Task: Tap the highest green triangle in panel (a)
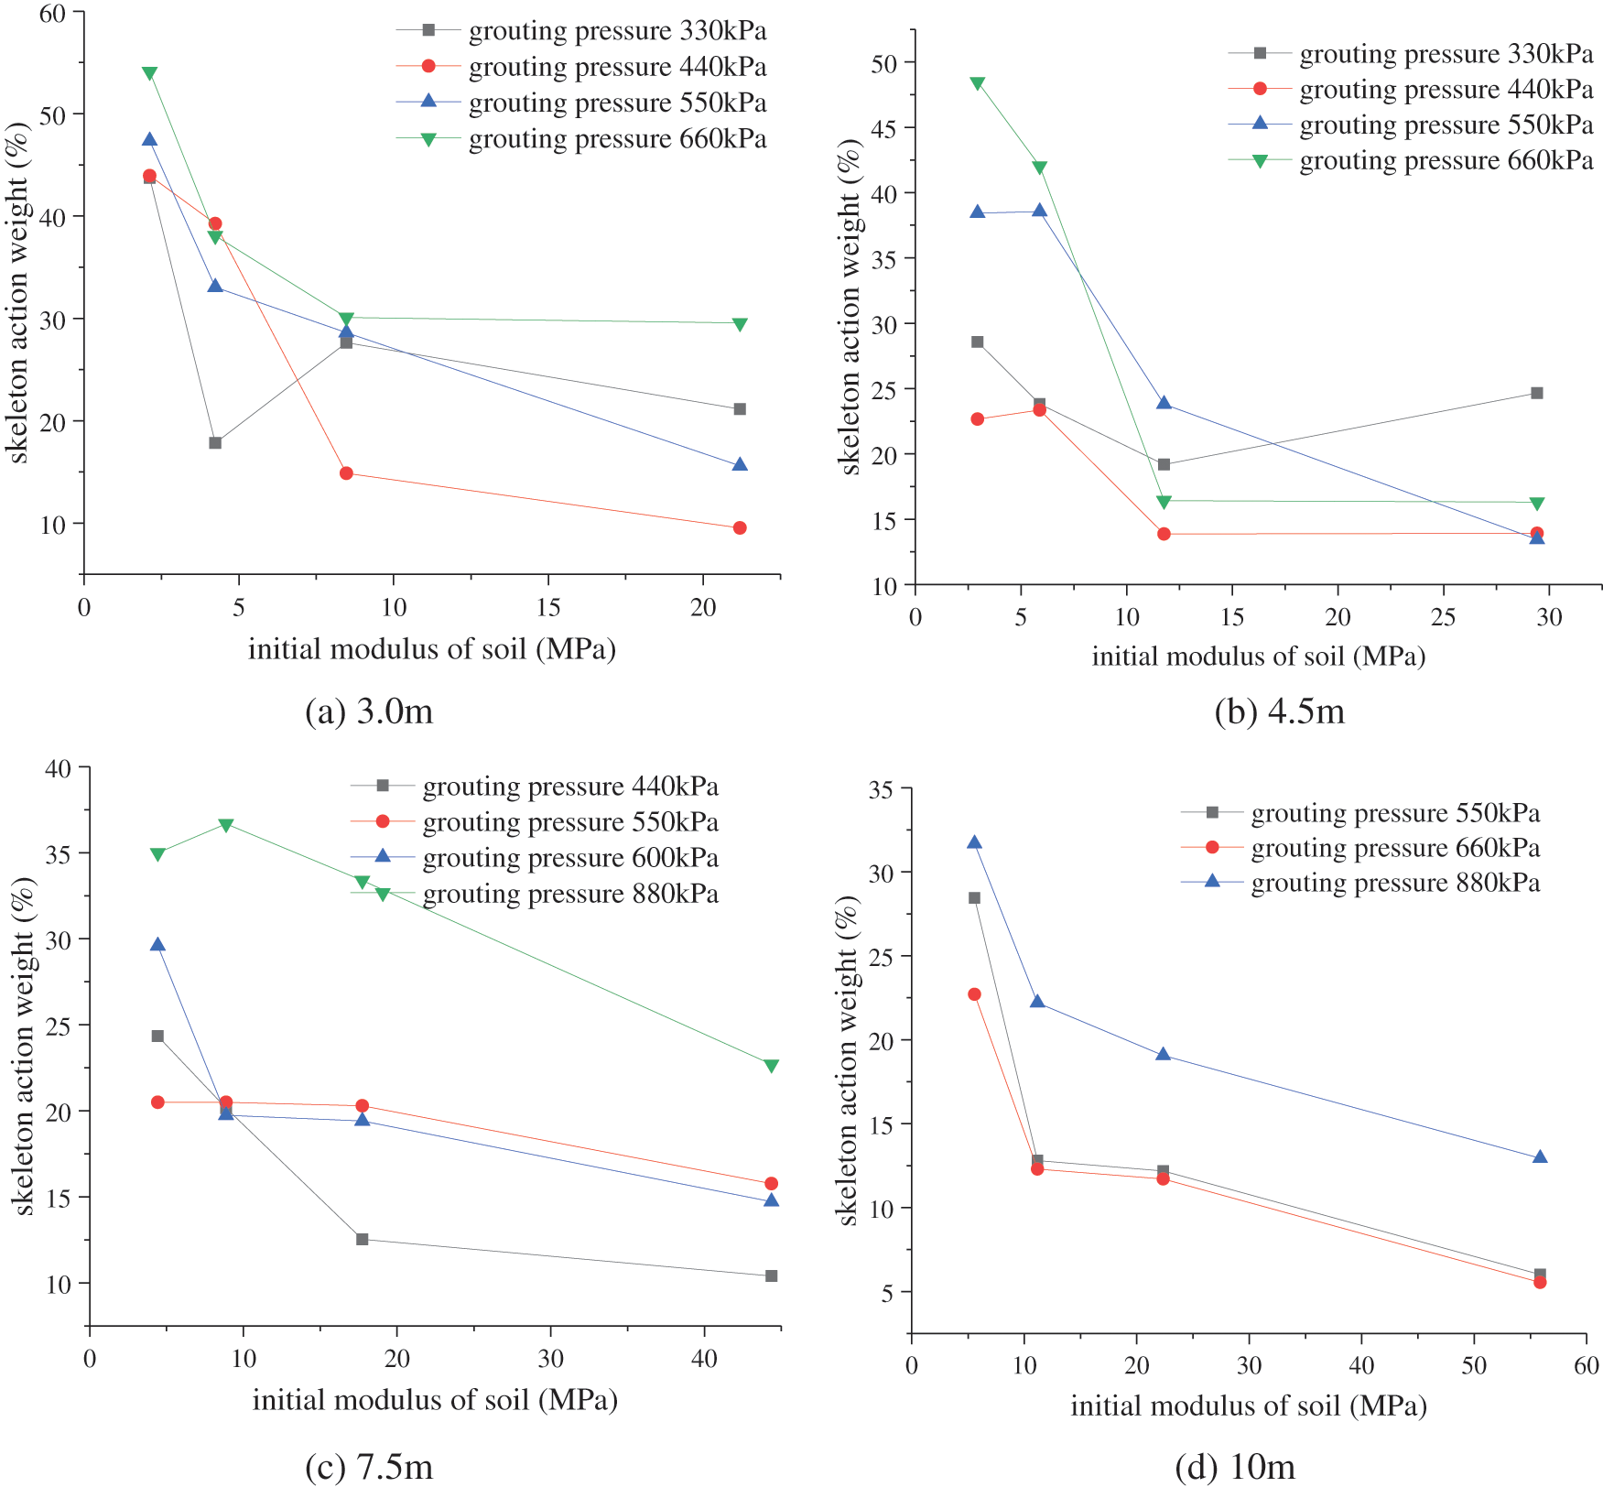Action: (x=149, y=73)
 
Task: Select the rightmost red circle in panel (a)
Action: (x=740, y=527)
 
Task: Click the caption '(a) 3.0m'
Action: (x=368, y=711)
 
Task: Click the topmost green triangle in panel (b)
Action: (x=977, y=83)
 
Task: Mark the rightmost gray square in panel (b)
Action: (x=1537, y=393)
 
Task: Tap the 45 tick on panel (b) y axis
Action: (x=885, y=128)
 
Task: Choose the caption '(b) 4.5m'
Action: (x=1279, y=711)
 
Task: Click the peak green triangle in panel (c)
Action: (x=226, y=825)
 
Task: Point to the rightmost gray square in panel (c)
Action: (x=771, y=1275)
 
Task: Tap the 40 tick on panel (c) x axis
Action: (x=704, y=1359)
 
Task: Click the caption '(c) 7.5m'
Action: (x=368, y=1467)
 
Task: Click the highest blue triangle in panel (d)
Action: (x=974, y=842)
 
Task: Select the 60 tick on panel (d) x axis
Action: (x=1586, y=1365)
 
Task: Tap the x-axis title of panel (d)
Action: (x=1248, y=1406)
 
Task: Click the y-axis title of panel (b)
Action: (x=850, y=307)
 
